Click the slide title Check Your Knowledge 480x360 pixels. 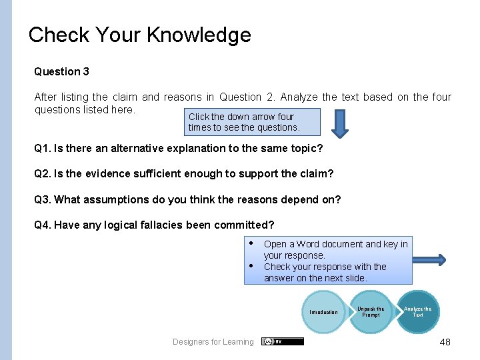[140, 35]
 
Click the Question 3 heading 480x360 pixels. [61, 71]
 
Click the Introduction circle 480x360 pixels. [324, 312]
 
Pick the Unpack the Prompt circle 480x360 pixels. [371, 311]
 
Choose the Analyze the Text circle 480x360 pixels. [418, 311]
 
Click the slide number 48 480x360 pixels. [445, 342]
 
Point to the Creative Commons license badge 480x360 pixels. [283, 341]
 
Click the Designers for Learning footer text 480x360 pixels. [213, 342]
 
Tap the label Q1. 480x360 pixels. [42, 148]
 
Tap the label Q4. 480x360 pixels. [42, 225]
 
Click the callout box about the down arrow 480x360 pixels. [244, 122]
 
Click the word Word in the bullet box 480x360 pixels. [307, 244]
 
